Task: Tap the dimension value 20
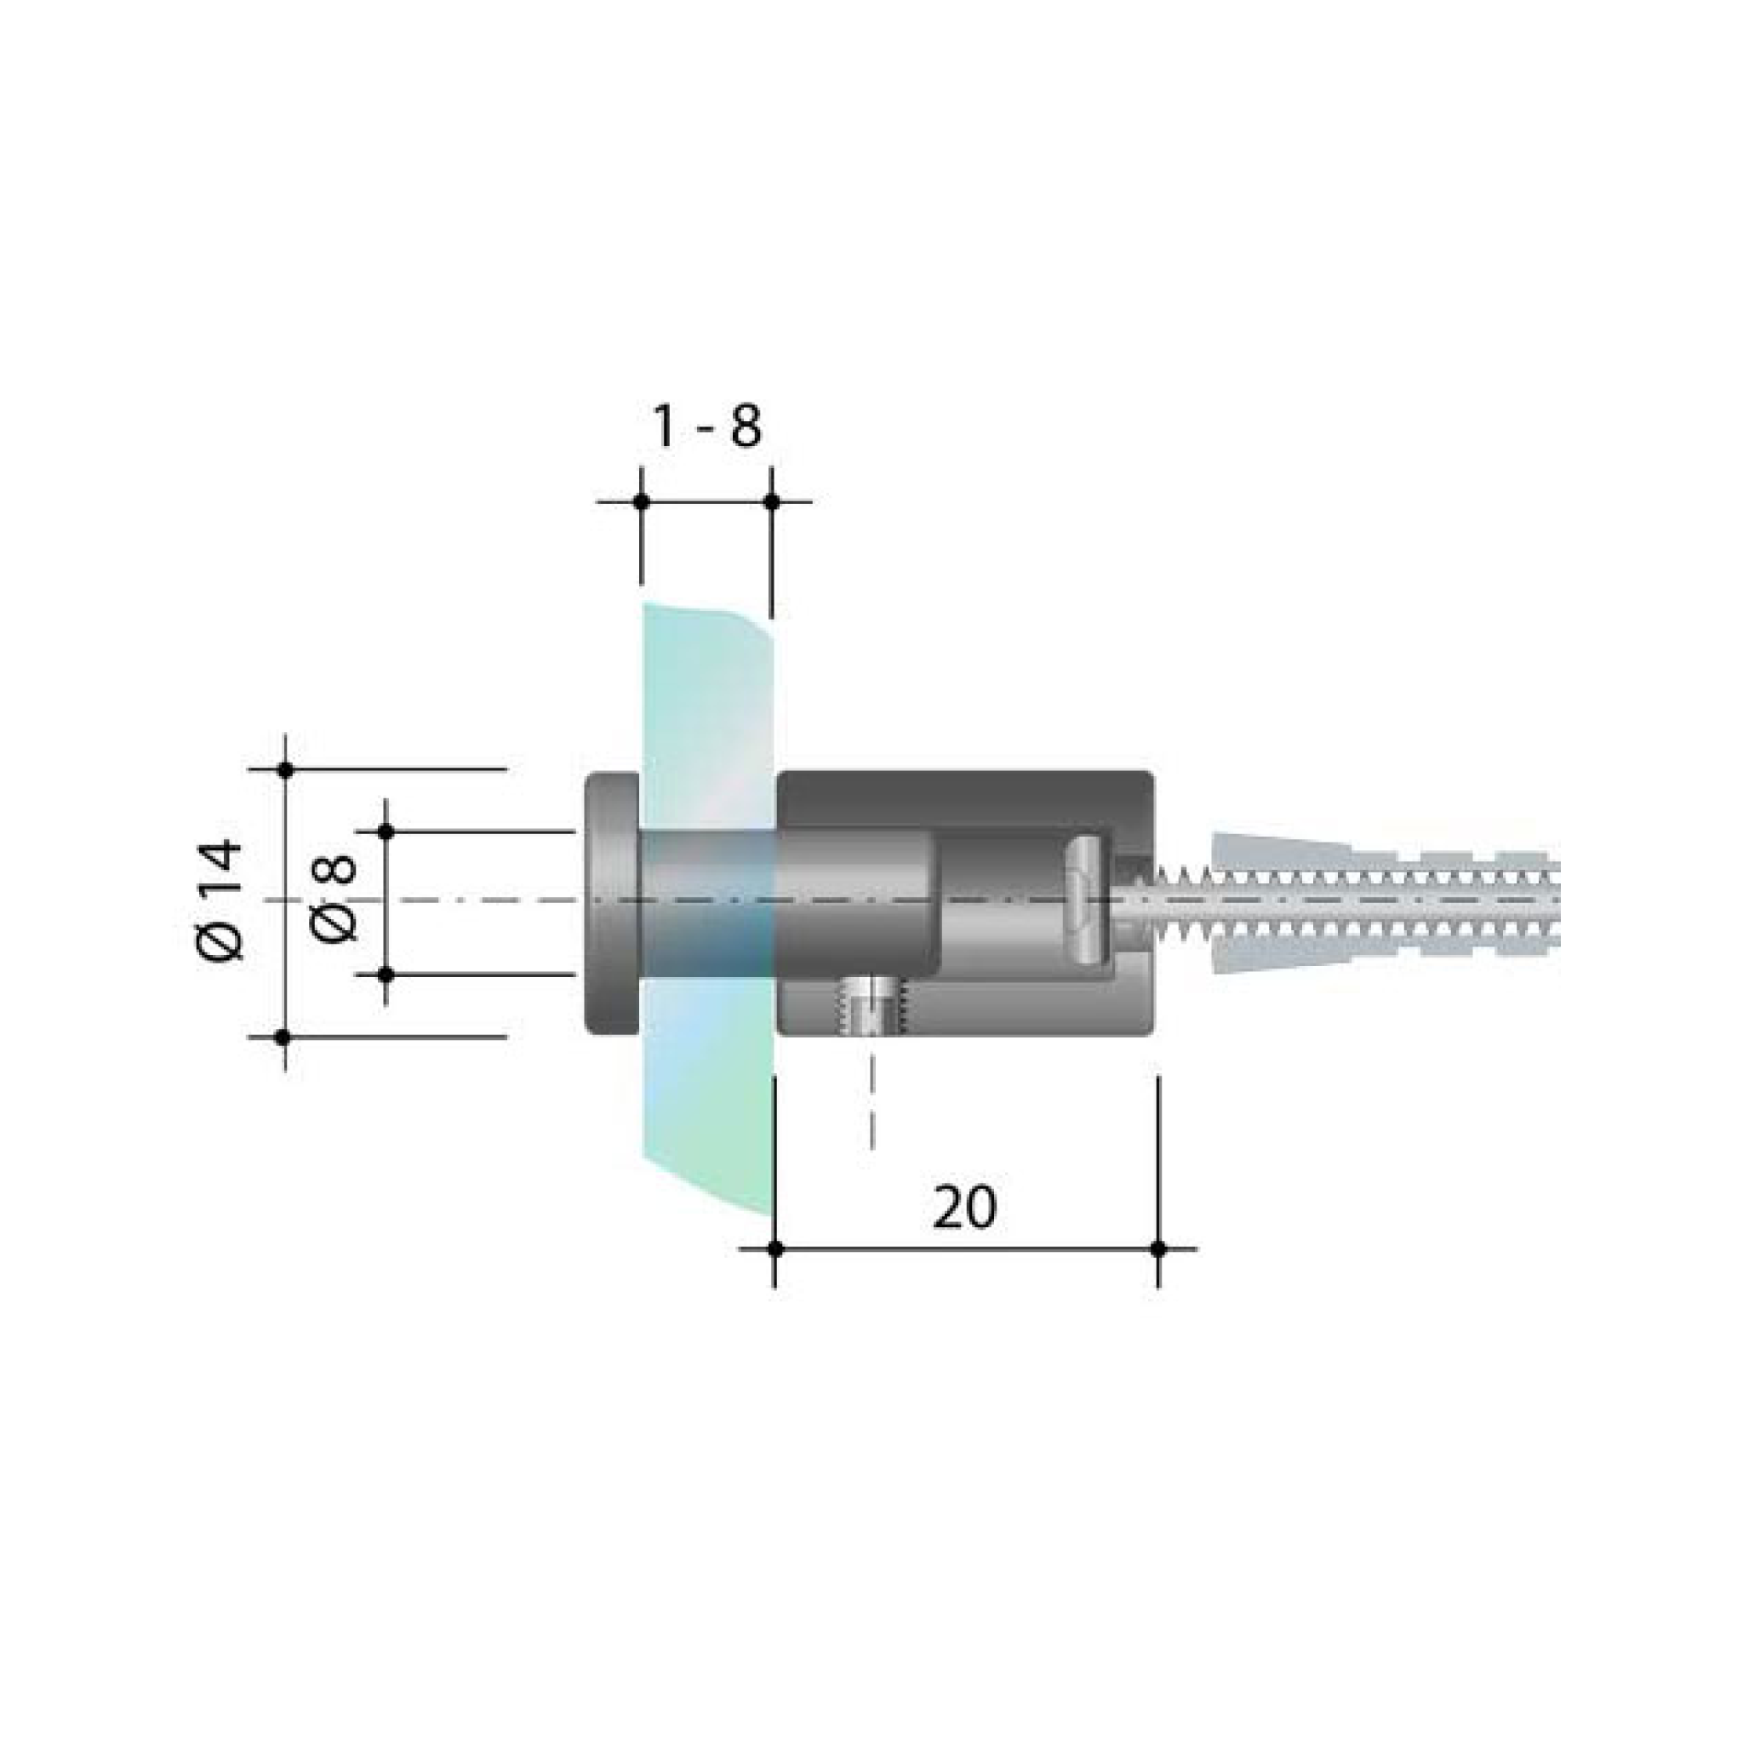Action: (x=964, y=1208)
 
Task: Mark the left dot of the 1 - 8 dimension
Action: (x=642, y=501)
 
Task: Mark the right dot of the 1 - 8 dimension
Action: (x=772, y=501)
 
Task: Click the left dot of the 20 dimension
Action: (x=775, y=1249)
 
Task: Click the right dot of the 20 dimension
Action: (x=1159, y=1249)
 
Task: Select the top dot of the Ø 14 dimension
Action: (x=286, y=769)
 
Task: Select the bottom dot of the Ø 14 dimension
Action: (x=283, y=1037)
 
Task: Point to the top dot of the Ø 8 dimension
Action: (x=386, y=831)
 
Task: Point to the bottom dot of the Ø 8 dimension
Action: (x=386, y=974)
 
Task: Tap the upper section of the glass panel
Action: (x=708, y=686)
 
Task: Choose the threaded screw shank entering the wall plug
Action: (x=1173, y=902)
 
